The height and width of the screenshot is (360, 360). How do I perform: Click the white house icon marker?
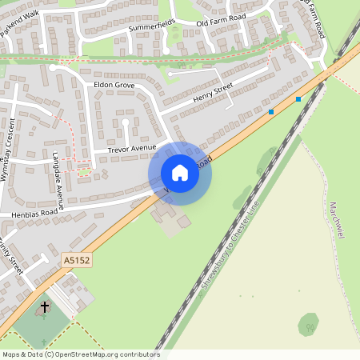pos(180,173)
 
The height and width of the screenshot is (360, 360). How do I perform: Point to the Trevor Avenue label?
pos(132,149)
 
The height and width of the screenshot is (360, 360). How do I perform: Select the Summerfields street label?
pos(152,28)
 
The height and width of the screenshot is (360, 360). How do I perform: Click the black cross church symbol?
pos(45,306)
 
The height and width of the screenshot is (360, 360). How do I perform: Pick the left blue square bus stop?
pos(271,112)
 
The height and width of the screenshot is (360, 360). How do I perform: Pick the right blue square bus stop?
pos(298,99)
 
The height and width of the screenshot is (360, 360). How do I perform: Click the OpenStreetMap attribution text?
pos(80,354)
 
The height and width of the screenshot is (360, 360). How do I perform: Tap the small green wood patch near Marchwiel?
pos(308,324)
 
